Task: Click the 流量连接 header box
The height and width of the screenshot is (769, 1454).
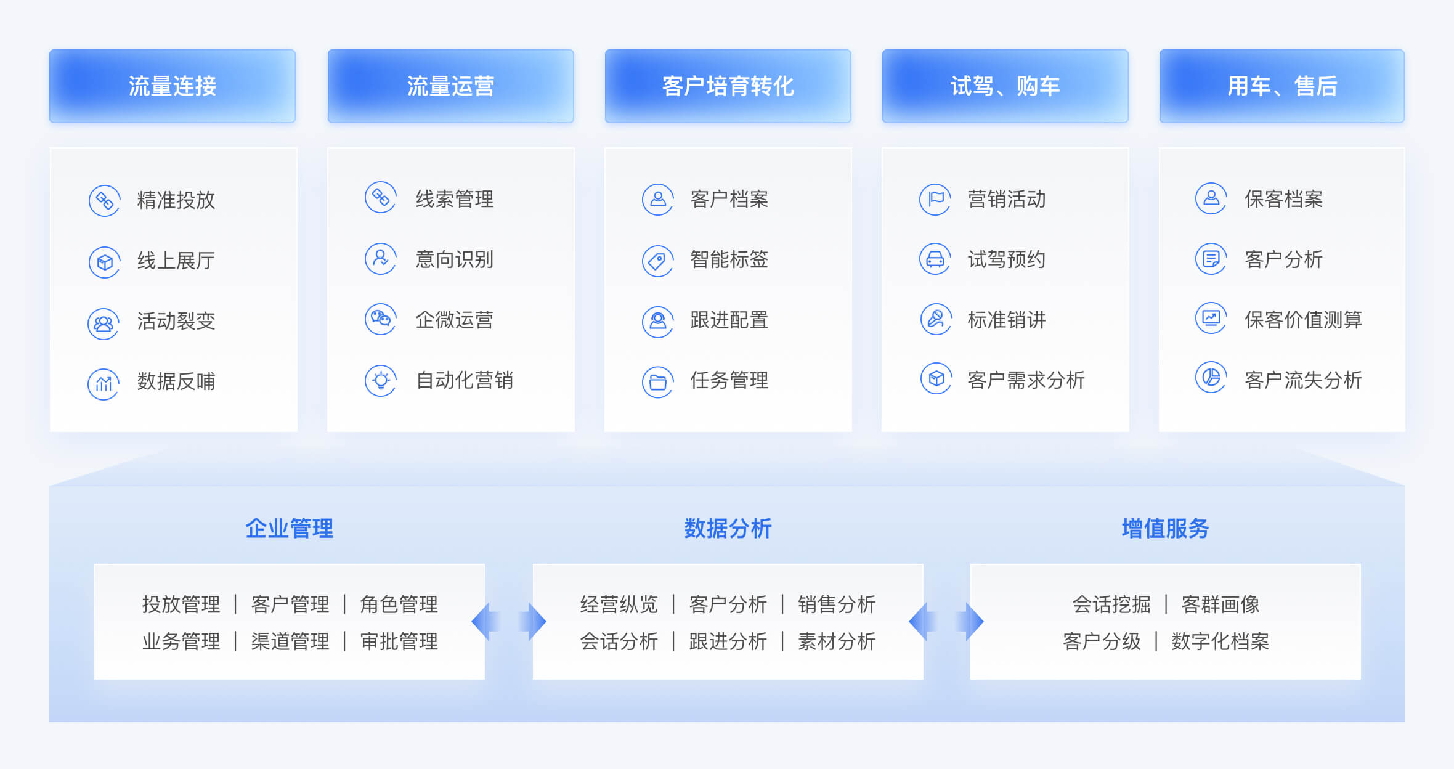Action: point(173,86)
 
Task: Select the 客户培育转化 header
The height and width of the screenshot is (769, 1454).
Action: point(728,86)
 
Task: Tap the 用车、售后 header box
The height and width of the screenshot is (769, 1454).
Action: point(1282,86)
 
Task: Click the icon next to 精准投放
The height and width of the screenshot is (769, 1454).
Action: point(104,201)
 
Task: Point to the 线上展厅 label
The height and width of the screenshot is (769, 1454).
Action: point(176,261)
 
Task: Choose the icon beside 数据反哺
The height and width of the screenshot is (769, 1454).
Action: point(104,384)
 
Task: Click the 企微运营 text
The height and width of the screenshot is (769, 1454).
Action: point(455,320)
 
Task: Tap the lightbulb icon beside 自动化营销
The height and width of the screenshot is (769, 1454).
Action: point(381,381)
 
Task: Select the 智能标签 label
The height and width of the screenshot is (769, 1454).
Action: point(729,259)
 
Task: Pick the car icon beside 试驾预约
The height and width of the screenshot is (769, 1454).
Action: point(935,259)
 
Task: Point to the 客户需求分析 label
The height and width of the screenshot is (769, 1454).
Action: point(1026,380)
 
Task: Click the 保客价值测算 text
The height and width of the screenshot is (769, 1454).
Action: point(1304,320)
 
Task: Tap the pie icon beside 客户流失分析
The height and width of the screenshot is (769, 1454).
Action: point(1211,377)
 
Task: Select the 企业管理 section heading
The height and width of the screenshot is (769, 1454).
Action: point(290,529)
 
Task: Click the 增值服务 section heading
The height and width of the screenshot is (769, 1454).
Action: point(1166,529)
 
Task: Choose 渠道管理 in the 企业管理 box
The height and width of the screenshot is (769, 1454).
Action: point(290,641)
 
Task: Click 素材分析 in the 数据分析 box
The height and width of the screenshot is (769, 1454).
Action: point(837,641)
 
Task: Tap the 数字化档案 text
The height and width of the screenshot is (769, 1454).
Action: point(1220,641)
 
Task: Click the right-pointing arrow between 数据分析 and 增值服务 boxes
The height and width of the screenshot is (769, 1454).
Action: point(970,622)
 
